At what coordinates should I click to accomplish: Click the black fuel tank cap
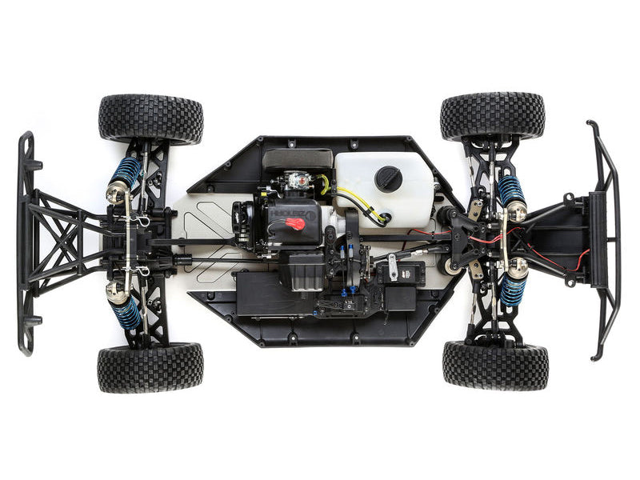pos(389,178)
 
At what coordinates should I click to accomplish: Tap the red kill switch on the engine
pos(295,223)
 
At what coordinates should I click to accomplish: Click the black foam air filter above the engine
pos(297,158)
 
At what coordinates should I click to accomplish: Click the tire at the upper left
pos(150,118)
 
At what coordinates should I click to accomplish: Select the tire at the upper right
pos(492,117)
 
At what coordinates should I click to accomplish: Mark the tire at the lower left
pos(150,367)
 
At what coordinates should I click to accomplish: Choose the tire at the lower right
pos(495,365)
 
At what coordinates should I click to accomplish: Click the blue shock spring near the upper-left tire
pos(126,171)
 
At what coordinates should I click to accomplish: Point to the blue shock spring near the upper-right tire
pos(510,190)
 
